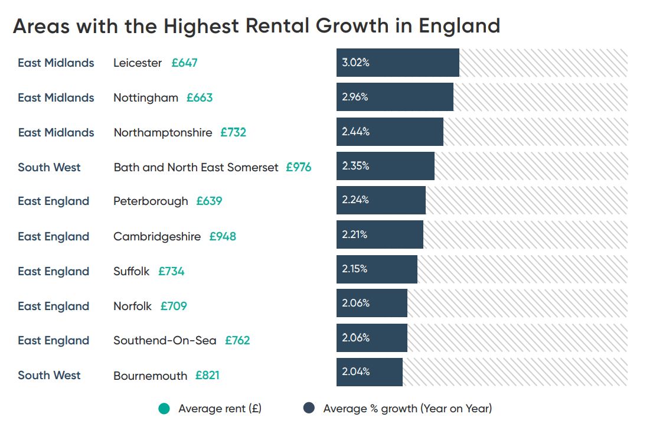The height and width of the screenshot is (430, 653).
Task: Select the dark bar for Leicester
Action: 397,63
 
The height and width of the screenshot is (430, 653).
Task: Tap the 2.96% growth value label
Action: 355,97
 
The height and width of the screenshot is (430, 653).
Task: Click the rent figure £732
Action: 233,132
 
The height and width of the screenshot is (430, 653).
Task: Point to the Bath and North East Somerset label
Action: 195,167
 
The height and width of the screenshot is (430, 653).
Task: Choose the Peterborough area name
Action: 151,201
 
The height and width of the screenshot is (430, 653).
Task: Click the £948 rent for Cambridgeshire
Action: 223,236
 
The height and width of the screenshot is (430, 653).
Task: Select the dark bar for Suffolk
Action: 377,269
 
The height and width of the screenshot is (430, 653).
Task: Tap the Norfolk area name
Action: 132,306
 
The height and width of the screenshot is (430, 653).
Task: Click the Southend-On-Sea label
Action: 165,341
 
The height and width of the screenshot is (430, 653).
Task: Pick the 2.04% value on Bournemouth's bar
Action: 355,372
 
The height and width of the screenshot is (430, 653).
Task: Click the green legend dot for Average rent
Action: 164,408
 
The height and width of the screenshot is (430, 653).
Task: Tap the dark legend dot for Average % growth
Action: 309,408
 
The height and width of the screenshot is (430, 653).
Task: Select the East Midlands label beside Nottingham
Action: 56,97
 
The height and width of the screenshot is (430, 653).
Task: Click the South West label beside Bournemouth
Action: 49,375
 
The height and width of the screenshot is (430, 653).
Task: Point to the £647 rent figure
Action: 184,63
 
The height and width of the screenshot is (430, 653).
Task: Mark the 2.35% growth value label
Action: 355,166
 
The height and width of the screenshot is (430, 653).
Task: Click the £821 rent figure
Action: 207,376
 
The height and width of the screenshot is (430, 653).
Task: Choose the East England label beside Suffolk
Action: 54,271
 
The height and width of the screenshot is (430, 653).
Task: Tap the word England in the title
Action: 459,26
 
